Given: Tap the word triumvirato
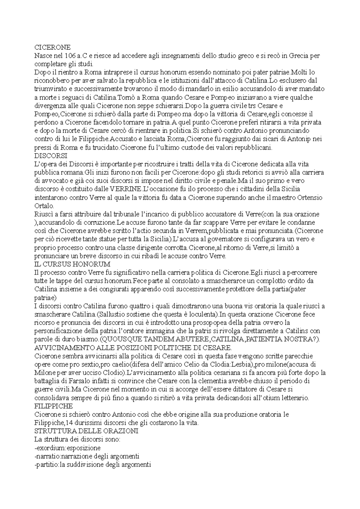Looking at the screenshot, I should point(50,89).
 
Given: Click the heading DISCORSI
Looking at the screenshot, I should point(51,156).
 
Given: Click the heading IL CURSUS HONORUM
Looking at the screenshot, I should point(73,264).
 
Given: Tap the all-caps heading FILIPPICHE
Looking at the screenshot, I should point(54,406).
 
